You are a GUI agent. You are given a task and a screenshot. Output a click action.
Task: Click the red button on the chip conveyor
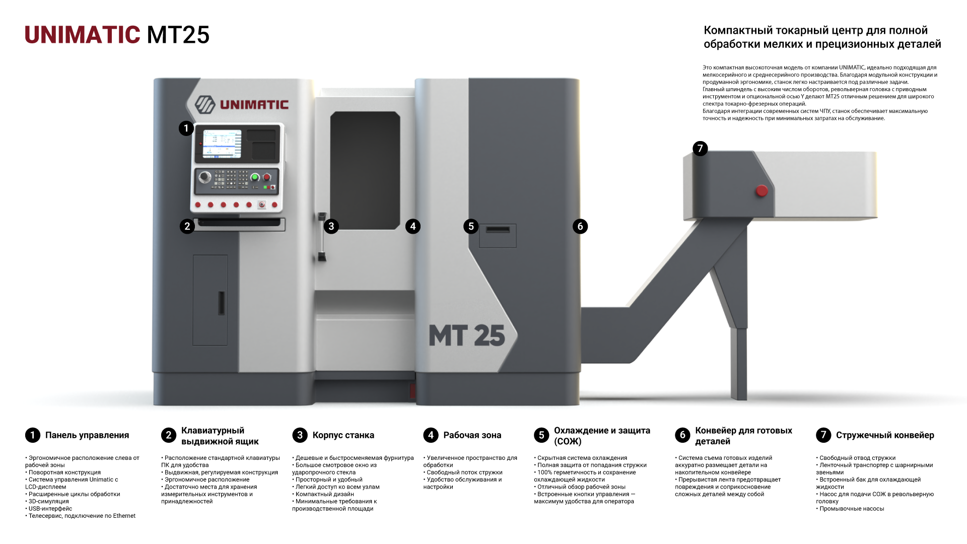pyautogui.click(x=762, y=191)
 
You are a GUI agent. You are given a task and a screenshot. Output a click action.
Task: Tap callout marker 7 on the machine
pyautogui.click(x=700, y=149)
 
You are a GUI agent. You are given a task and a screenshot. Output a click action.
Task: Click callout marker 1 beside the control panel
pyautogui.click(x=186, y=128)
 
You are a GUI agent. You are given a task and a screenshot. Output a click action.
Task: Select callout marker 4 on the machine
pyautogui.click(x=413, y=226)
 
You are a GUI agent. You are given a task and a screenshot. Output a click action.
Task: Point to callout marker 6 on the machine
pyautogui.click(x=580, y=226)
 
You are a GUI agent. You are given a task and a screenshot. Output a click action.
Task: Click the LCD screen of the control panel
pyautogui.click(x=222, y=144)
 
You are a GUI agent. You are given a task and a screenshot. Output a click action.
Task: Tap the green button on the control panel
pyautogui.click(x=255, y=177)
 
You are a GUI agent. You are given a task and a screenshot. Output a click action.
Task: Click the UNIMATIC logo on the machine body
pyautogui.click(x=242, y=104)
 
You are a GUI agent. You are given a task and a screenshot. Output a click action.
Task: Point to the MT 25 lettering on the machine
pyautogui.click(x=466, y=336)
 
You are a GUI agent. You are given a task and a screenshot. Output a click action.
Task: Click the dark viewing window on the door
pyautogui.click(x=365, y=170)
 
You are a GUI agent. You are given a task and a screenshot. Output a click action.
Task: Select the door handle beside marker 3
pyautogui.click(x=322, y=237)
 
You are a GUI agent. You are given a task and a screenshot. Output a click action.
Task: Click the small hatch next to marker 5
pyautogui.click(x=498, y=236)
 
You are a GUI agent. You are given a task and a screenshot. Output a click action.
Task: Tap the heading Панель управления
pyautogui.click(x=87, y=435)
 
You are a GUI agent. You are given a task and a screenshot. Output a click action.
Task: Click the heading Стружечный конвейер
pyautogui.click(x=885, y=435)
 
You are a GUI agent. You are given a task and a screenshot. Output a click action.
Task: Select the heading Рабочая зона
pyautogui.click(x=472, y=435)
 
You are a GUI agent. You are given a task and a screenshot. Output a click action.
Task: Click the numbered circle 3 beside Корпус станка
pyautogui.click(x=300, y=435)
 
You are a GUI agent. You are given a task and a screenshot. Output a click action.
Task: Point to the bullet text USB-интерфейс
pyautogui.click(x=50, y=509)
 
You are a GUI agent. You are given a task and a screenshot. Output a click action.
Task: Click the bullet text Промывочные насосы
pyautogui.click(x=852, y=509)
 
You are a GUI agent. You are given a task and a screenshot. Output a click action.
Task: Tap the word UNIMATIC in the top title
pyautogui.click(x=83, y=35)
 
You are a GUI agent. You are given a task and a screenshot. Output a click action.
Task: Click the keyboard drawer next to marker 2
pyautogui.click(x=240, y=224)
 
